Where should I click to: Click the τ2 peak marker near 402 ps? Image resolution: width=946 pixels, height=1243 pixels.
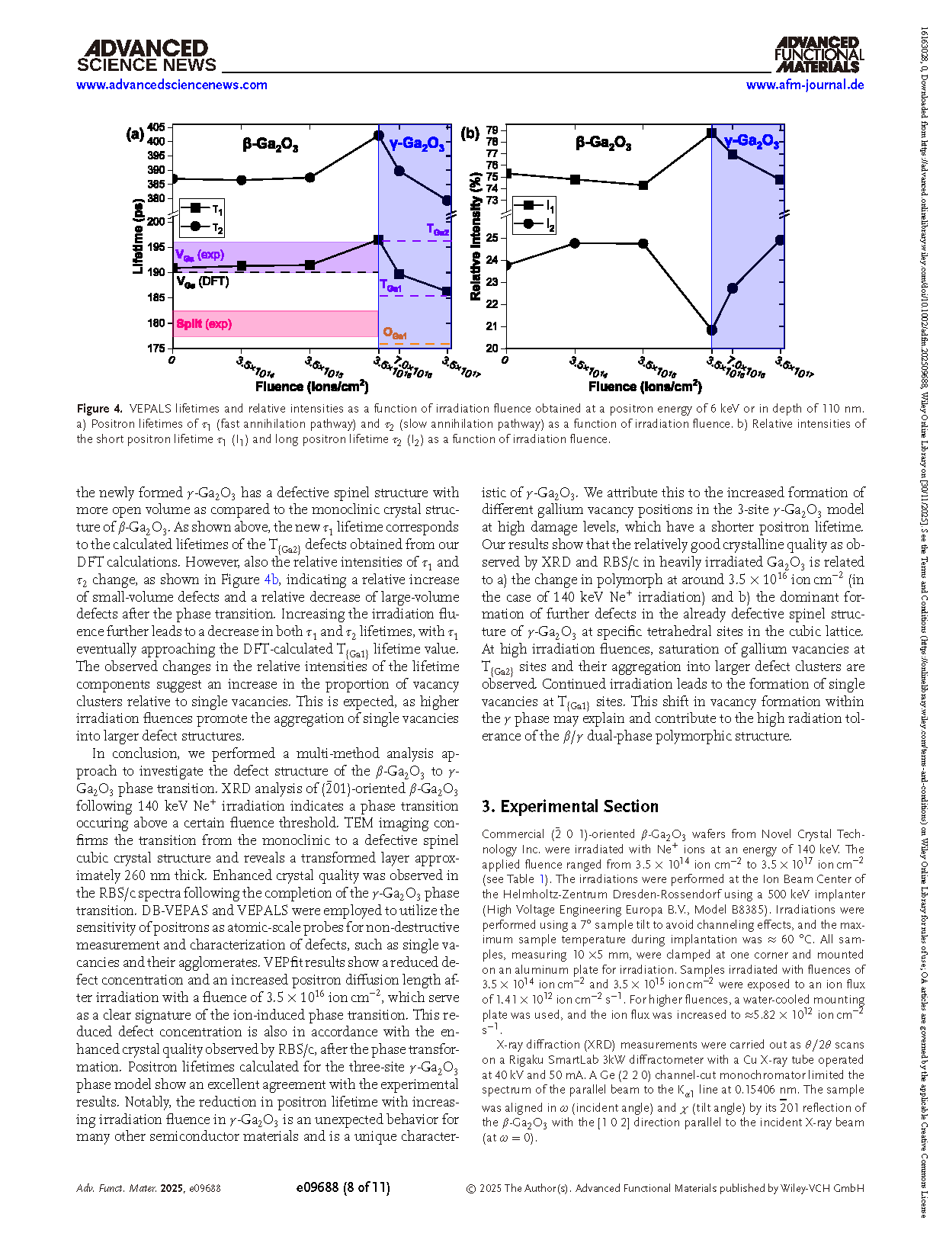coord(379,136)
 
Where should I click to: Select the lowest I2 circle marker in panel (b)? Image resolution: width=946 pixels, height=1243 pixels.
coord(712,330)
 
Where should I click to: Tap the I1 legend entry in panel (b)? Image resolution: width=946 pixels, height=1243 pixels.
coord(534,206)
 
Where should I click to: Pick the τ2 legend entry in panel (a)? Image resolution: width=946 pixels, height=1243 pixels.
coord(202,226)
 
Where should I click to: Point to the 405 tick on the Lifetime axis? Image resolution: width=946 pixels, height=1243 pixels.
coord(156,127)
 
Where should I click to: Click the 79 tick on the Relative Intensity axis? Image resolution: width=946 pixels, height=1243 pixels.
coord(492,130)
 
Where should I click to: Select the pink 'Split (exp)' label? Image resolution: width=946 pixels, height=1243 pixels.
coord(204,324)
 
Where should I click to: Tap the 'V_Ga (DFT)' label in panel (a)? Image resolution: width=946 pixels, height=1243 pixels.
coord(203,281)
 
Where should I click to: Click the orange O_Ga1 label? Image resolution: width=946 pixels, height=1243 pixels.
coord(395,333)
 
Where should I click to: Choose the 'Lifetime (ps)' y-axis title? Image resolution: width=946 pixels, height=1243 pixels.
coord(138,236)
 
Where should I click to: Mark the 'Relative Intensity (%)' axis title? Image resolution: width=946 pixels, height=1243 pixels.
coord(476,237)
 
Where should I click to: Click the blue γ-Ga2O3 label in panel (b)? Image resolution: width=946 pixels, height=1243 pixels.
coord(751,142)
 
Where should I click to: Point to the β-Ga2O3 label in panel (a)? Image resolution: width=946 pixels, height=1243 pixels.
coord(270,144)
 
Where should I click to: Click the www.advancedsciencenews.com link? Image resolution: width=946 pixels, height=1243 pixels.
coord(172,85)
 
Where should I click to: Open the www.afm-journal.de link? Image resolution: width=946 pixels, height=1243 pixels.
coord(804,85)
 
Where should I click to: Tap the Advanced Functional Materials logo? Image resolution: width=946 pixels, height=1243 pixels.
coord(819,54)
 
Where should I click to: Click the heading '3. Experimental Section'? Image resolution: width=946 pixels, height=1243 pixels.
coord(569,807)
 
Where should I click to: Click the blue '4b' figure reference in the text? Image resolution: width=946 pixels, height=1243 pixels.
coord(271,580)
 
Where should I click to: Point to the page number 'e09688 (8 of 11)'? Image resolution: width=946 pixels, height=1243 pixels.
coord(342,1187)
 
